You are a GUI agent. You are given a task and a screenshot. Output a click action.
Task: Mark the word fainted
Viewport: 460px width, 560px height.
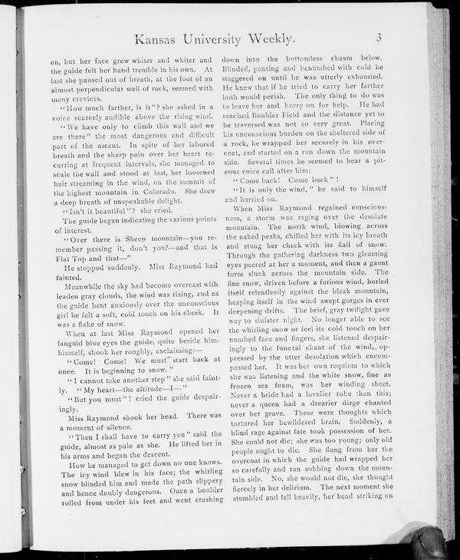click(64, 277)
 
